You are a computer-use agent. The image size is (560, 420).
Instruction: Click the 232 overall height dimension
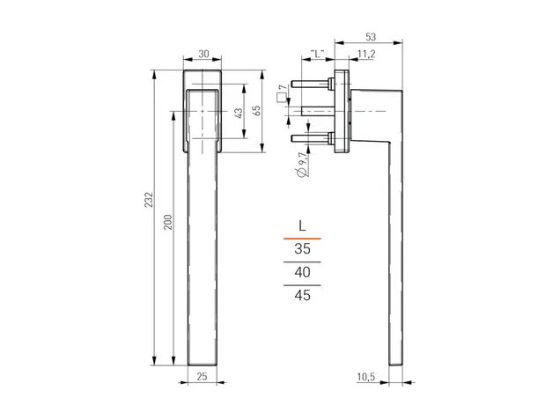(149, 200)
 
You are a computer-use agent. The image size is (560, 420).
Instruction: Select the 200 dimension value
(167, 222)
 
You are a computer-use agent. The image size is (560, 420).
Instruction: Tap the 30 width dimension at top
(203, 54)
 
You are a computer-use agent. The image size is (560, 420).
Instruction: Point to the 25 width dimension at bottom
(202, 377)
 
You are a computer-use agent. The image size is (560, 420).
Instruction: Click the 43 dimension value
(239, 114)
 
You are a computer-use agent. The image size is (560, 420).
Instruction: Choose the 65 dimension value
(256, 110)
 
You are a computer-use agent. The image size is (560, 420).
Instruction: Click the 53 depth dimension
(371, 37)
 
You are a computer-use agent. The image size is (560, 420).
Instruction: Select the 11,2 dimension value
(366, 55)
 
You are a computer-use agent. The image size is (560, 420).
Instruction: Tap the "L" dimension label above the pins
(317, 54)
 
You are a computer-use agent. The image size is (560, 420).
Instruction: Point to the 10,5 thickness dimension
(365, 377)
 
